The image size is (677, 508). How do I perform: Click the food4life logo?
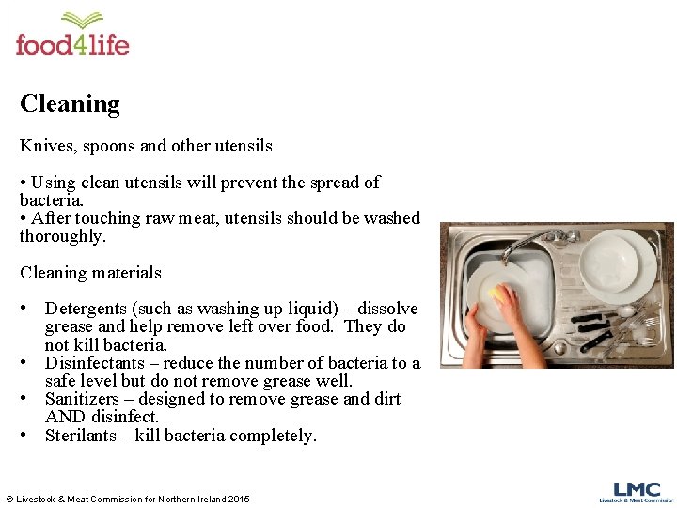[72, 36]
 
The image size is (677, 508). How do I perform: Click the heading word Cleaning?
[70, 103]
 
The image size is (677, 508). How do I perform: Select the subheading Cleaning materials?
[90, 273]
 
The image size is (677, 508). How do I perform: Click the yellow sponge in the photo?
[496, 294]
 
